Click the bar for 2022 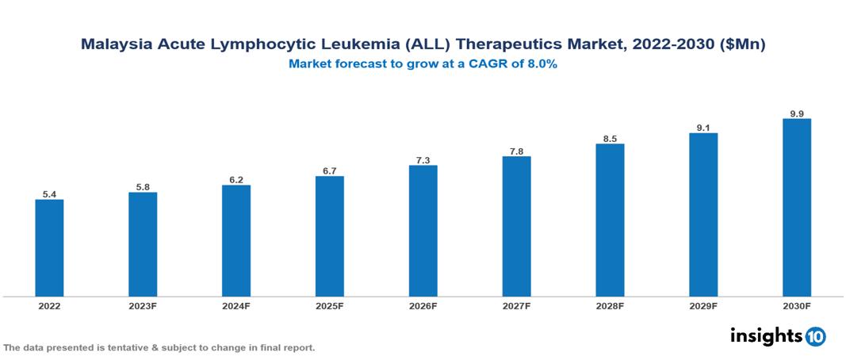(49, 247)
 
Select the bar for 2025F (330, 236)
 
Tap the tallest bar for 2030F (797, 207)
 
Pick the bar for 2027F (516, 226)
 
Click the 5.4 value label (49, 193)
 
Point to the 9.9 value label (797, 113)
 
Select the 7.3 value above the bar (423, 160)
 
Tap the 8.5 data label (610, 139)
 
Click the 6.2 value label (236, 180)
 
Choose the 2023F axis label (143, 305)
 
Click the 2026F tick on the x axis (423, 305)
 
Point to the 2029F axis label (703, 305)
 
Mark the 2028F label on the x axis (610, 305)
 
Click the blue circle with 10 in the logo (815, 336)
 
